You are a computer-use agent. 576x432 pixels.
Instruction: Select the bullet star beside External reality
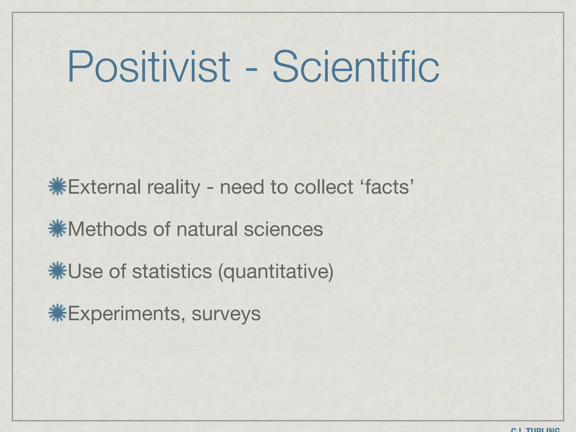[57, 186]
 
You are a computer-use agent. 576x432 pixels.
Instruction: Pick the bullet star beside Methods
[57, 229]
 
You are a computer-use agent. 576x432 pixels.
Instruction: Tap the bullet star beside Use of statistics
[57, 271]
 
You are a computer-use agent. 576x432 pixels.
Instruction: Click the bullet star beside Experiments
[57, 313]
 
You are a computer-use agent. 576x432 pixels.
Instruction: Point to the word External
[104, 187]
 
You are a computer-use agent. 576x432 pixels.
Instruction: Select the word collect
[323, 187]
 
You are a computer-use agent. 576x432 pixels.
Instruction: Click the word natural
[207, 229]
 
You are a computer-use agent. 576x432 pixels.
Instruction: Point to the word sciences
[283, 229]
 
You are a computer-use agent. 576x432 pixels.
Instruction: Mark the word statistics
[172, 271]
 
